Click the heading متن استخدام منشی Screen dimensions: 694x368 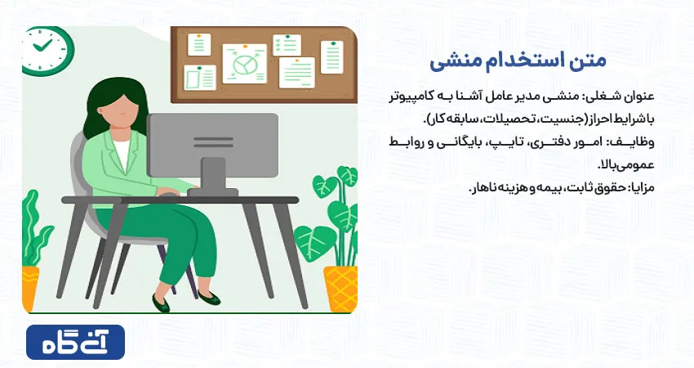518,61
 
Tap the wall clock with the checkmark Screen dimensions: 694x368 47,50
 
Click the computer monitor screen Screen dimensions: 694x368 212,145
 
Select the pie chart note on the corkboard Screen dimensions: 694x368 244,64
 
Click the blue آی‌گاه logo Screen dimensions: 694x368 76,343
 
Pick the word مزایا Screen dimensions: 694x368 643,187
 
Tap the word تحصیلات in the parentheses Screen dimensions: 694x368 503,119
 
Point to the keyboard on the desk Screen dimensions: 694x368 212,192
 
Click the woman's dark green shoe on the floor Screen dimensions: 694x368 161,303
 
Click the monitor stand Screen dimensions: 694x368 213,174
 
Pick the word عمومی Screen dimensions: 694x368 638,165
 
